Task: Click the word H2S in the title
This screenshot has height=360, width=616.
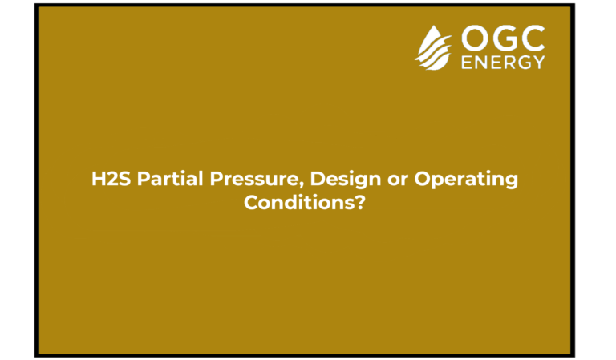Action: (111, 179)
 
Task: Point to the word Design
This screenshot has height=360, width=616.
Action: (346, 180)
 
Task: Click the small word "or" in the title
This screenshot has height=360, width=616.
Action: (397, 180)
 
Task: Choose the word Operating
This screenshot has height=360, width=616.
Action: (466, 180)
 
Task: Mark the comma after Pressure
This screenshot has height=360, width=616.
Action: (304, 186)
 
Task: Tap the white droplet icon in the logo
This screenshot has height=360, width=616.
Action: (433, 49)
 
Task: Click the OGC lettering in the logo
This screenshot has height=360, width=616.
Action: (503, 38)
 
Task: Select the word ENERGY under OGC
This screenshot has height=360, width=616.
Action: (503, 63)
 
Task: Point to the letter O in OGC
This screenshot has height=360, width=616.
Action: (474, 38)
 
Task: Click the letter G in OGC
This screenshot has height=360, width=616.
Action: (504, 38)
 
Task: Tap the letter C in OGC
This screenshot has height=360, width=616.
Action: (533, 38)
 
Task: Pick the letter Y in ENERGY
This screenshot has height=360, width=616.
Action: (539, 63)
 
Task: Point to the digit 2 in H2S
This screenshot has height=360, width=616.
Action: (113, 179)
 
